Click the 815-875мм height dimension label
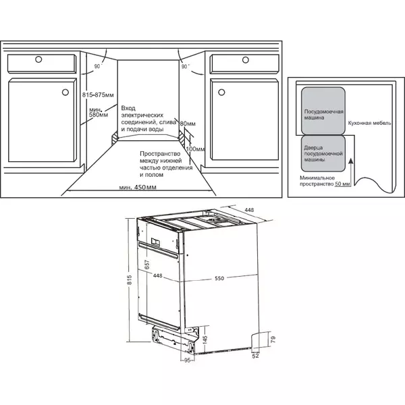pyautogui.click(x=98, y=95)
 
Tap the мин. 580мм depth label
pyautogui.click(x=99, y=112)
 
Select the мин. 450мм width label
pyautogui.click(x=138, y=187)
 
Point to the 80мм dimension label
pyautogui.click(x=188, y=124)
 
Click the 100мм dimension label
pyautogui.click(x=195, y=149)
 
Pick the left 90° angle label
pyautogui.click(x=98, y=66)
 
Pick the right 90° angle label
pyautogui.click(x=185, y=66)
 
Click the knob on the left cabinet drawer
pyautogui.click(x=38, y=59)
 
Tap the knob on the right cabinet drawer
pyautogui.click(x=246, y=60)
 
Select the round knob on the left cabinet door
pyautogui.click(x=65, y=92)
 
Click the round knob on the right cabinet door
pyautogui.click(x=221, y=92)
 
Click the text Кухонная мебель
pyautogui.click(x=370, y=124)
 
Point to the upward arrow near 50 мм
pyautogui.click(x=351, y=171)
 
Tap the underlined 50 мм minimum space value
pyautogui.click(x=342, y=184)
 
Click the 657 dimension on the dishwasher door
pyautogui.click(x=146, y=265)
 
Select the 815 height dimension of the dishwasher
pyautogui.click(x=130, y=280)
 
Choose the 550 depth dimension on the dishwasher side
pyautogui.click(x=219, y=278)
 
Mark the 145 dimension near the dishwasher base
pyautogui.click(x=205, y=339)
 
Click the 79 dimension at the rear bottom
pyautogui.click(x=273, y=339)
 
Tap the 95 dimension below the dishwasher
pyautogui.click(x=188, y=360)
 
